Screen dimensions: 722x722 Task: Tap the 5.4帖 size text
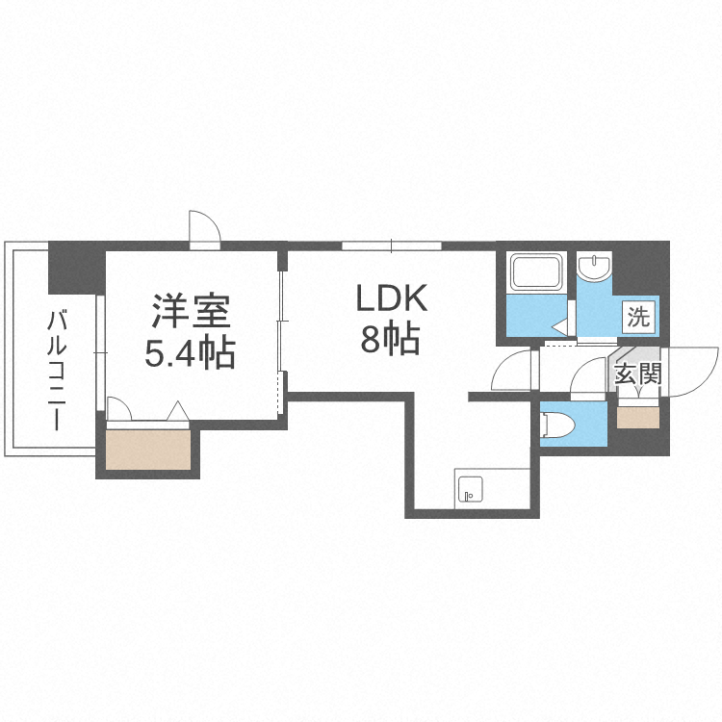click(x=191, y=354)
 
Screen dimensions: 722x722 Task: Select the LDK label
click(x=392, y=299)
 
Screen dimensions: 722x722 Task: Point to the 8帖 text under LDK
click(x=392, y=339)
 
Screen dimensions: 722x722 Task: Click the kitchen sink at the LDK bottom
click(x=470, y=490)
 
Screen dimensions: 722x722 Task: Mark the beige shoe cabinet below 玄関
click(x=638, y=417)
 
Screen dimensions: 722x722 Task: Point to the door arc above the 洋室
click(x=205, y=227)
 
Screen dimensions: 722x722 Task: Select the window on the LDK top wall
click(x=392, y=245)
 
